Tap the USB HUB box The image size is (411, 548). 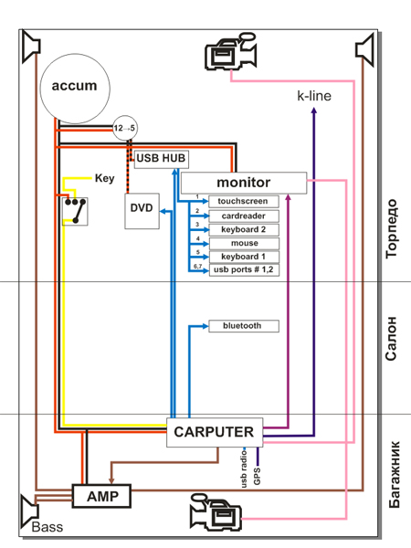pos(162,159)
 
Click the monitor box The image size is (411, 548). pos(244,183)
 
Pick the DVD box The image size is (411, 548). pos(142,211)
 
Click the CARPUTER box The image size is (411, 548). pos(215,432)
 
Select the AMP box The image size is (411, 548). pos(101,496)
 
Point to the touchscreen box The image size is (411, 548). pos(244,202)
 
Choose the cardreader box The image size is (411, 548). pos(244,216)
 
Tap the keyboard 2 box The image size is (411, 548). pos(244,229)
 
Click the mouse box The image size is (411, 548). pos(244,243)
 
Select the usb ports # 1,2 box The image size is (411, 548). pos(244,269)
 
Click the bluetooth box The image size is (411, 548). pos(244,326)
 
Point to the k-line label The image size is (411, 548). pos(314,96)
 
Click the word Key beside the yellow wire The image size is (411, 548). pos(104,178)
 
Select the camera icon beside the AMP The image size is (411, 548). pos(216,512)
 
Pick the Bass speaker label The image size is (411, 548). pos(47,527)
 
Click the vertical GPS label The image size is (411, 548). pos(258,476)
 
